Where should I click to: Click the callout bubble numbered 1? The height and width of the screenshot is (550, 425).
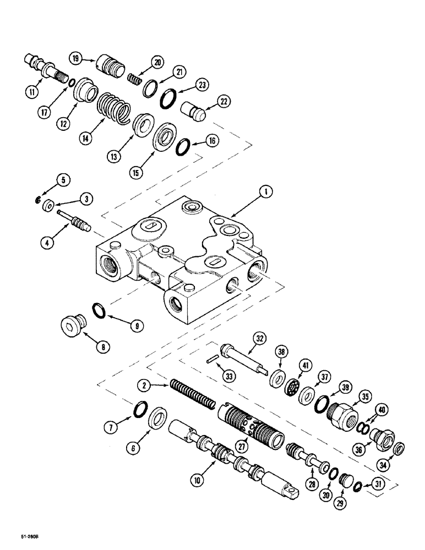[x=265, y=192]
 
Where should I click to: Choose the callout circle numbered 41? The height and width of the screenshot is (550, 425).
[x=304, y=364]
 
